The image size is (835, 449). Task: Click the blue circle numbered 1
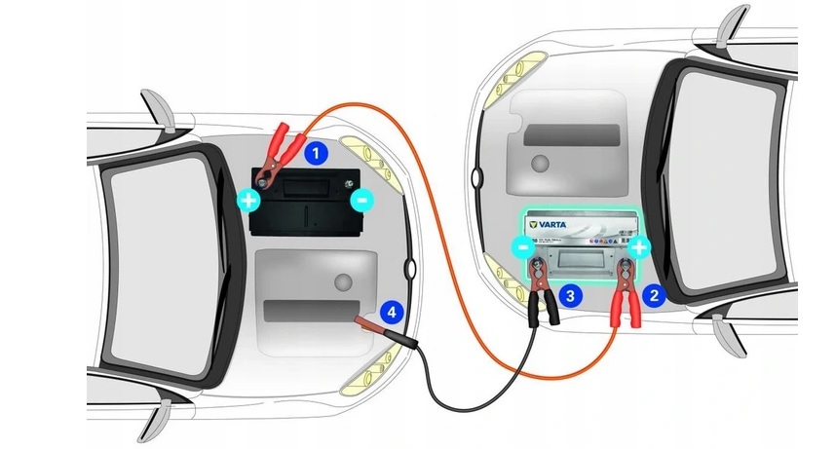click(x=316, y=152)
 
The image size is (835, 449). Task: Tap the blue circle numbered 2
click(x=655, y=292)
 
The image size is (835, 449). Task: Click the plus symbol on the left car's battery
click(x=249, y=202)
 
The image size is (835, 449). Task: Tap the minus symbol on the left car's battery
click(x=361, y=202)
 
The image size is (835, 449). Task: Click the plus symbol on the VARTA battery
click(x=638, y=247)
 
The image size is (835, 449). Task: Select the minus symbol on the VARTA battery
click(x=523, y=247)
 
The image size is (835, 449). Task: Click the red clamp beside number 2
click(x=621, y=303)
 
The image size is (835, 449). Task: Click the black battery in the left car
click(x=305, y=203)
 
